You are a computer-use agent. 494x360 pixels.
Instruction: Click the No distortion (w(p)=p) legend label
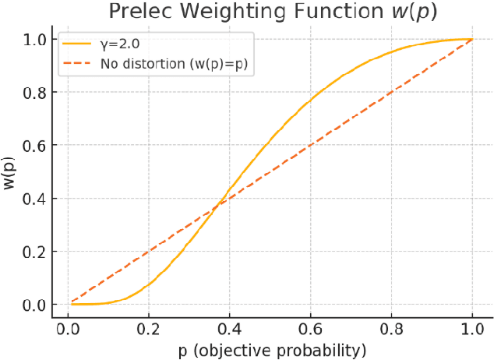[173, 62]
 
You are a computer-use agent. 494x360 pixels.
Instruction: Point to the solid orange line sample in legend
[77, 44]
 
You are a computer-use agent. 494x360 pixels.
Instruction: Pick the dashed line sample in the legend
[77, 62]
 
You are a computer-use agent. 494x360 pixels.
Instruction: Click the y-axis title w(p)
[10, 171]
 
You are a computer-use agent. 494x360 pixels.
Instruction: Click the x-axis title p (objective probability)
[271, 348]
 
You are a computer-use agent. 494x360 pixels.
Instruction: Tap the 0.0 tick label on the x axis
[68, 328]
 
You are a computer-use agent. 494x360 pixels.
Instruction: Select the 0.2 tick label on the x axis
[149, 328]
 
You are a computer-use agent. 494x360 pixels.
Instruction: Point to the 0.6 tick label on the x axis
[311, 328]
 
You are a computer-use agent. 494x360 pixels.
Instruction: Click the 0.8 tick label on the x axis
[391, 328]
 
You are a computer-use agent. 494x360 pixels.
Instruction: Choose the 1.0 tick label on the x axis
[472, 328]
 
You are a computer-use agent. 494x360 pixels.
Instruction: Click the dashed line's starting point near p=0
[72, 302]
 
